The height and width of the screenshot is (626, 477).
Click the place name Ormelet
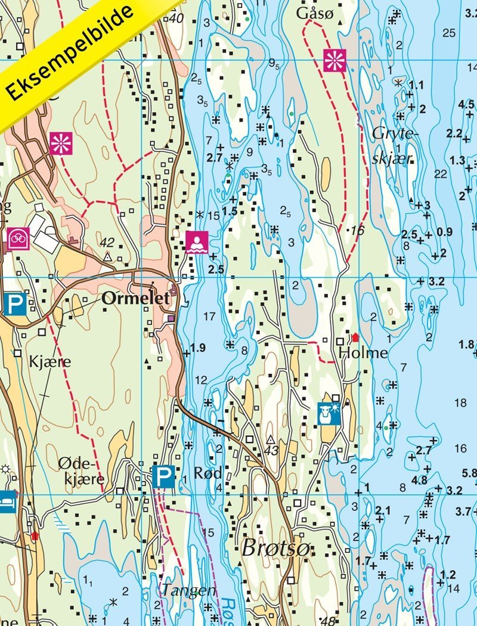(136, 299)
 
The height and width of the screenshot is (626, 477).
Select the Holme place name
(363, 353)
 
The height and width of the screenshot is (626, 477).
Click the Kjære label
(50, 361)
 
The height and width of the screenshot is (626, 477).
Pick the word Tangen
(188, 590)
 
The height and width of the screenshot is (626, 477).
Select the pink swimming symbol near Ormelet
(197, 242)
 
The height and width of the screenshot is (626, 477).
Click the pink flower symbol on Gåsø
(334, 60)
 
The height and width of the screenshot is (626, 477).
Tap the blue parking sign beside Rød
(163, 476)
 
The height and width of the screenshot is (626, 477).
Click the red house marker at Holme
(355, 337)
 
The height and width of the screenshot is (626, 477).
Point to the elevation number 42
(107, 243)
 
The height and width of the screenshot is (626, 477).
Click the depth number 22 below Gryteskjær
(441, 174)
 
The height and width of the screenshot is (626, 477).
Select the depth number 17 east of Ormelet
(209, 315)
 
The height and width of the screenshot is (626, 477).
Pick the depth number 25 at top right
(449, 32)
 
